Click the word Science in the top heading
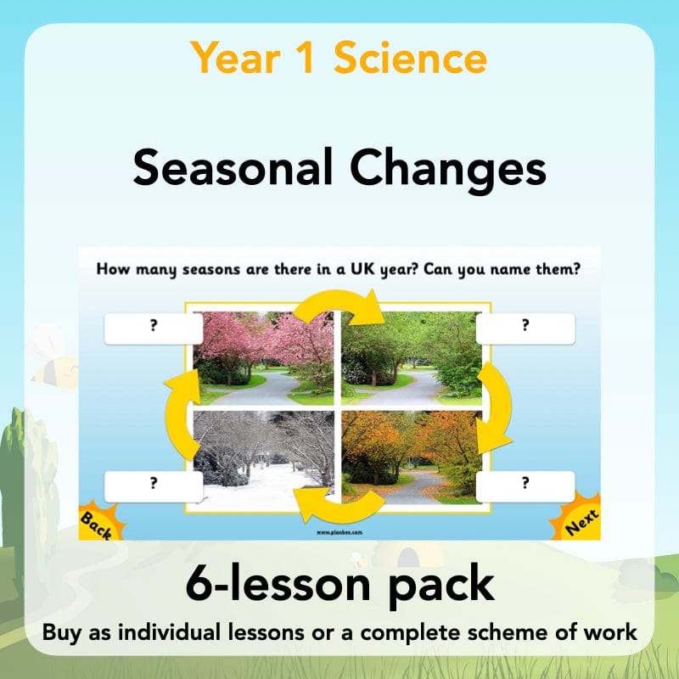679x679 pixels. (x=410, y=59)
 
